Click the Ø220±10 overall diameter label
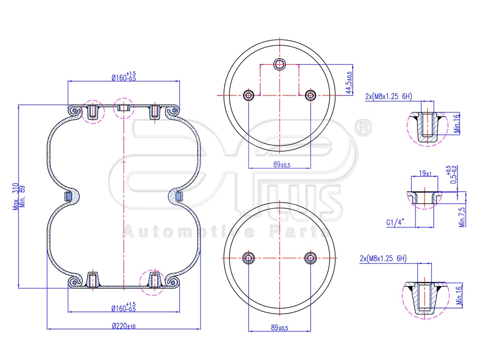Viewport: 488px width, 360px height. [x=123, y=326]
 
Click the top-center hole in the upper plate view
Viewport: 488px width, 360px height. [x=279, y=64]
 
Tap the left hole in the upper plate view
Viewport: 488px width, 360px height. [x=249, y=95]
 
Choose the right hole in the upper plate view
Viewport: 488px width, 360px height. [x=310, y=95]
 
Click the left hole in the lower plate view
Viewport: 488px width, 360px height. [x=249, y=258]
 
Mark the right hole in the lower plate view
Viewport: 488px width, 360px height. [x=310, y=258]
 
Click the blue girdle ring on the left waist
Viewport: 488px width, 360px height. [x=68, y=195]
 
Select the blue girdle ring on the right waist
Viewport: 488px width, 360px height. [x=178, y=195]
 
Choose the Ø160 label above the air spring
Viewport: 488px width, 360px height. [x=123, y=78]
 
